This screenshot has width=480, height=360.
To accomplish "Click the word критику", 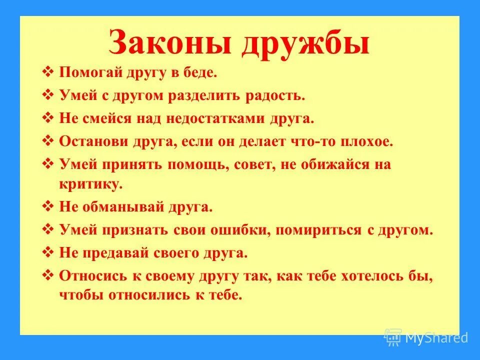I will pos(90,184).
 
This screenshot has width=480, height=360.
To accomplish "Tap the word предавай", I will pos(116,253).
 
